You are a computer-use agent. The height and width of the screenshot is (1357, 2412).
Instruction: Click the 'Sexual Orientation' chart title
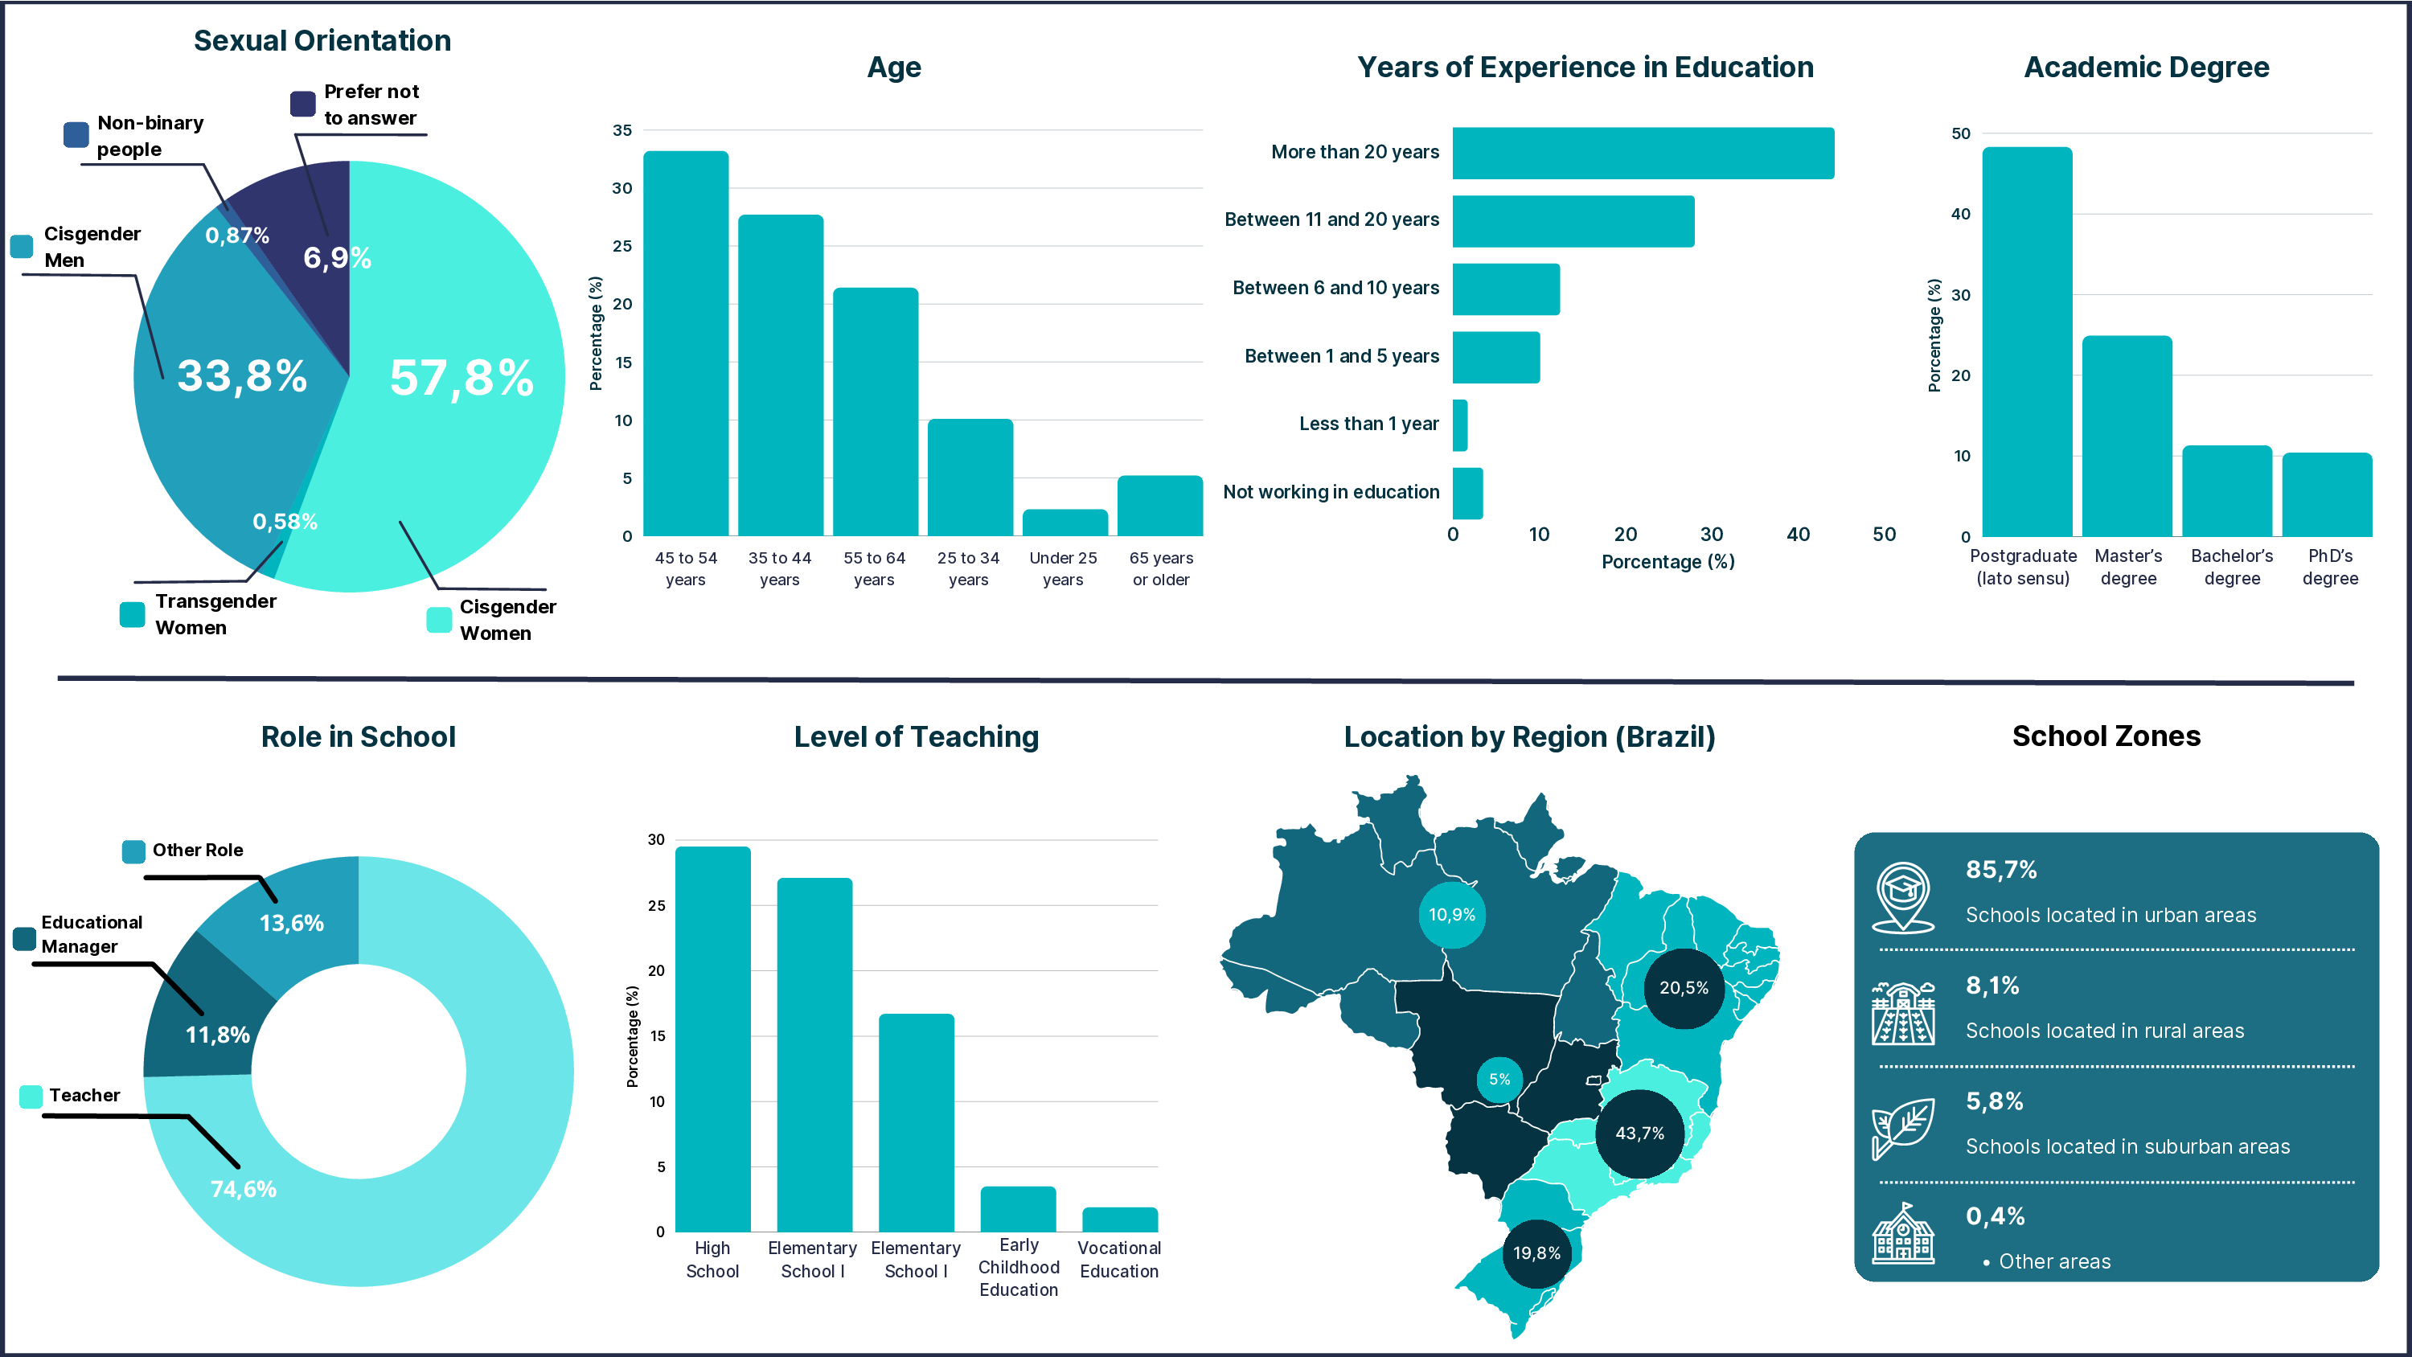click(322, 40)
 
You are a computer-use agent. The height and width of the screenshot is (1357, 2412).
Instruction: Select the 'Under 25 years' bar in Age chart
click(1064, 523)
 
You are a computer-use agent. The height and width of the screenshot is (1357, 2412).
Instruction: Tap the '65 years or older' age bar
click(1159, 506)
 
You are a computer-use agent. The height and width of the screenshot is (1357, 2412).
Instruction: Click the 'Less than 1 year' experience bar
click(1460, 425)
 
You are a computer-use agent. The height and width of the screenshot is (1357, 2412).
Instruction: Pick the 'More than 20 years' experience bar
click(1643, 153)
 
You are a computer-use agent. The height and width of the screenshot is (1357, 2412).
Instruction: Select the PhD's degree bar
click(2326, 494)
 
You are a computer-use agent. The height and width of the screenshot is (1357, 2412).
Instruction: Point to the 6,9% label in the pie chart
click(337, 257)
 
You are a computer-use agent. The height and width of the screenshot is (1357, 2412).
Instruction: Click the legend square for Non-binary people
click(76, 135)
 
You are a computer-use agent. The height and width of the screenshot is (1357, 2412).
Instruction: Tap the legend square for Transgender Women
click(132, 614)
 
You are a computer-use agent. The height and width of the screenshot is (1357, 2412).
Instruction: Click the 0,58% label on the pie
click(285, 522)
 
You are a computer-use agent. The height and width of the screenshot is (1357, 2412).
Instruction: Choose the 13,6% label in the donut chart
click(291, 924)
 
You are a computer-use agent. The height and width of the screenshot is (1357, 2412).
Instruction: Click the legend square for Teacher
click(31, 1096)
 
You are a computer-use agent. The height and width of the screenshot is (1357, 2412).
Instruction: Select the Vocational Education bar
click(1119, 1220)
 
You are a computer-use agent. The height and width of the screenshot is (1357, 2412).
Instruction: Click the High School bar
click(712, 1039)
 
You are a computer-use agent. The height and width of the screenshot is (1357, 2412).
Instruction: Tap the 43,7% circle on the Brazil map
click(1639, 1134)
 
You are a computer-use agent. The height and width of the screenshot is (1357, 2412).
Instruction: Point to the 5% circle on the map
click(1499, 1079)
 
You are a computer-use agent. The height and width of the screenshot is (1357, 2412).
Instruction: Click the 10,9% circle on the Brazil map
click(1451, 915)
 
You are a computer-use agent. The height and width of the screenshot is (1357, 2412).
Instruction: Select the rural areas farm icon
click(1902, 1012)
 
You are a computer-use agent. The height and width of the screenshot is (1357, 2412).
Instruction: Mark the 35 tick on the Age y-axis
click(622, 130)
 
